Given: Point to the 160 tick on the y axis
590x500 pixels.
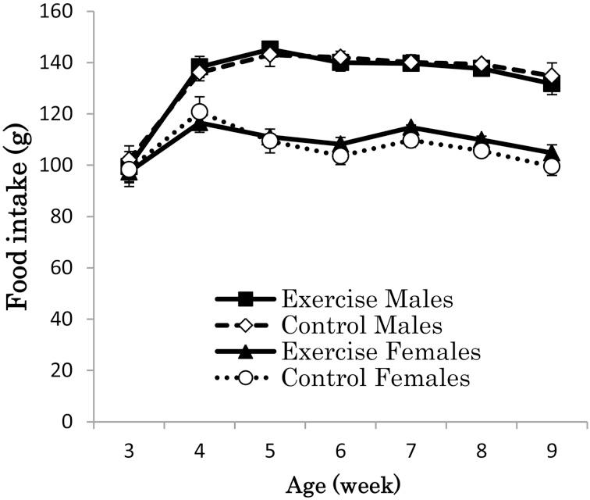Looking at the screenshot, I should coord(59,12).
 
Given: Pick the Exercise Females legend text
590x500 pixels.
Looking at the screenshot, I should coord(358,352).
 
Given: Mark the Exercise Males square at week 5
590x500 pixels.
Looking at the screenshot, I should coord(270,49).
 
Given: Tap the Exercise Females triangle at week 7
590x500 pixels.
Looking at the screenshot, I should coord(411,127).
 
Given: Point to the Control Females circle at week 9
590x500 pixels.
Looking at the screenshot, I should coord(552,166).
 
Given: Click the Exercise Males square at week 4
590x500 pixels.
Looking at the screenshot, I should coord(199,66).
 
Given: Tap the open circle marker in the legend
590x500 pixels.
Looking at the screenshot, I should coord(247,378).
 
